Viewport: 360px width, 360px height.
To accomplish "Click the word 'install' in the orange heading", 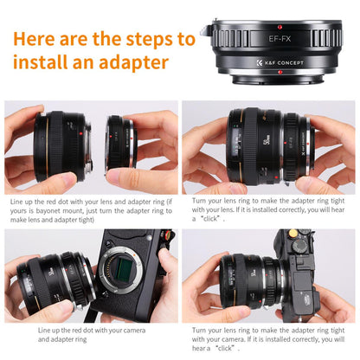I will pos(41,64).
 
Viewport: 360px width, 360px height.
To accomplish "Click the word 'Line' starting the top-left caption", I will pos(20,202).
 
